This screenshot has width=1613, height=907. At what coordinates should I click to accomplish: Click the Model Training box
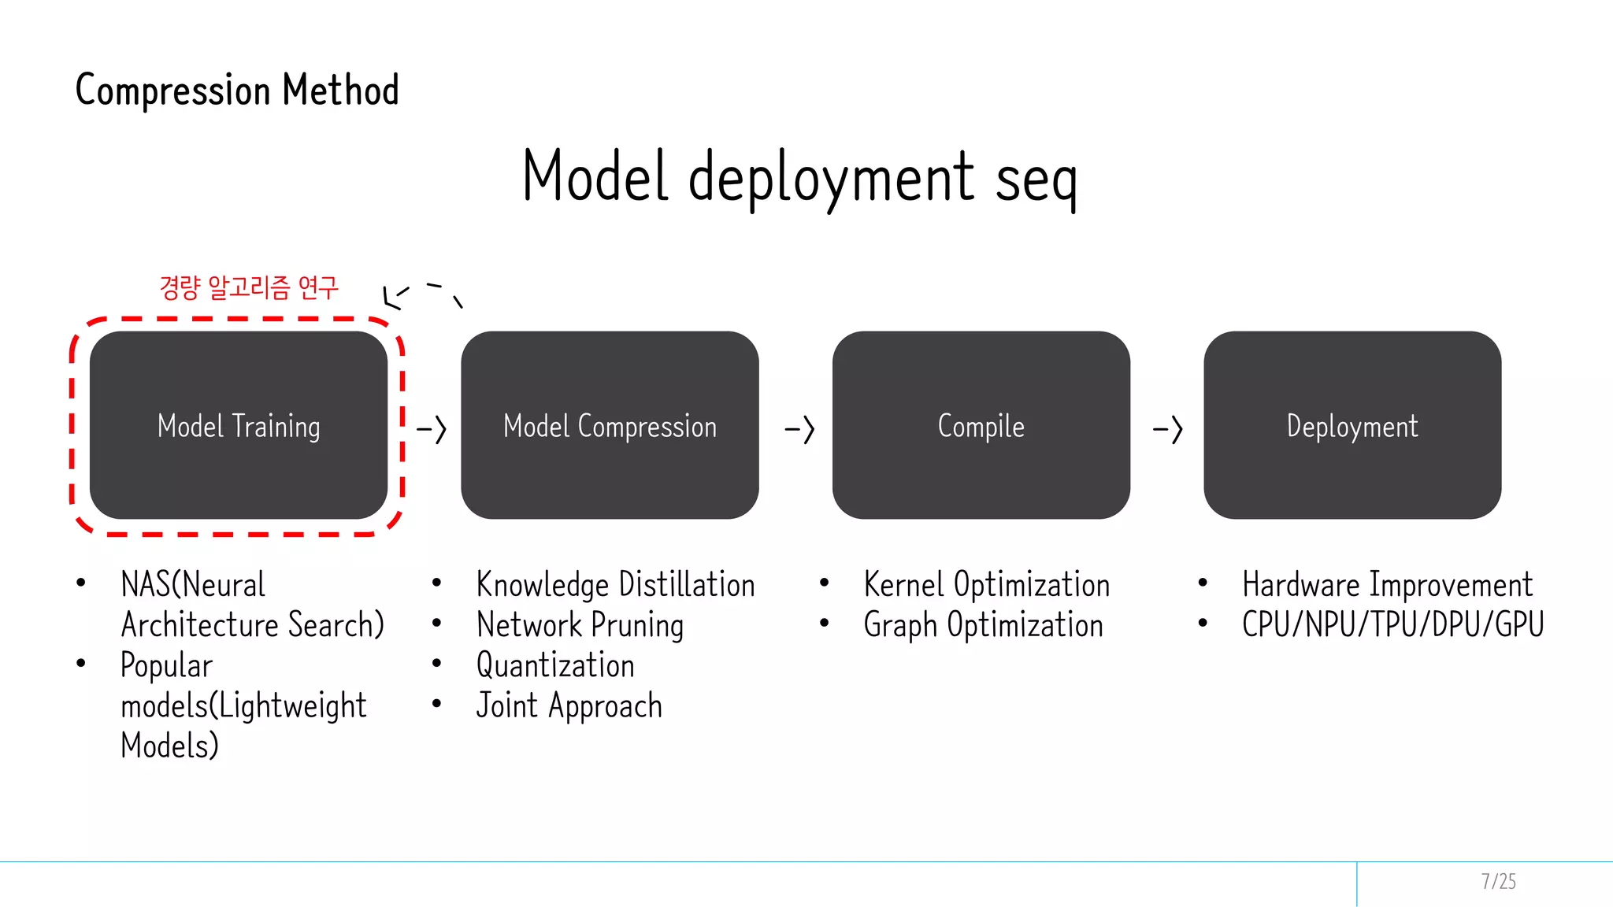point(239,426)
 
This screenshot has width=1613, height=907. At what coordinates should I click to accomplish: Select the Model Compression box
point(610,426)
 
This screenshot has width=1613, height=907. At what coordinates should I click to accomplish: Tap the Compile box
point(981,426)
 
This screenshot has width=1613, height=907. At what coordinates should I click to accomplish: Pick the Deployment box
point(1352,426)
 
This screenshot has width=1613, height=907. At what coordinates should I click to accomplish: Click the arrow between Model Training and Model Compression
point(432,430)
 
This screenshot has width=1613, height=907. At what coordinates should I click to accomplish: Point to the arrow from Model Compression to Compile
point(799,430)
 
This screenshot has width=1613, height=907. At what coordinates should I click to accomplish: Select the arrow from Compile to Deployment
point(1168,430)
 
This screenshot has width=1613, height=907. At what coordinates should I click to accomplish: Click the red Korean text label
point(248,287)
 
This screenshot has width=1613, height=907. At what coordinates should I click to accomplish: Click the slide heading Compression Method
point(237,90)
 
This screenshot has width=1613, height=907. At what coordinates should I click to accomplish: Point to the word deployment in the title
point(831,178)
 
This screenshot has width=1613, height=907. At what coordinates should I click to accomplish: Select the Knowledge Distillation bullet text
point(615,585)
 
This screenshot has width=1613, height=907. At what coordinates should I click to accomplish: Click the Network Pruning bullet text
point(580,625)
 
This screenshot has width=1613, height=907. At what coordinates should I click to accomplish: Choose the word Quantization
point(555,665)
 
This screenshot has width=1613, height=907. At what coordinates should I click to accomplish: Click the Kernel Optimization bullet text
point(986,585)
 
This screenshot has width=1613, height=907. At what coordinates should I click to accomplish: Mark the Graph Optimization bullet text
point(983,625)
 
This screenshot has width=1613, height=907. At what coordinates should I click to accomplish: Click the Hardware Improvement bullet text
point(1387,585)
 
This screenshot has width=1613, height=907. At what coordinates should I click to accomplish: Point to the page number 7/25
point(1498,881)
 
